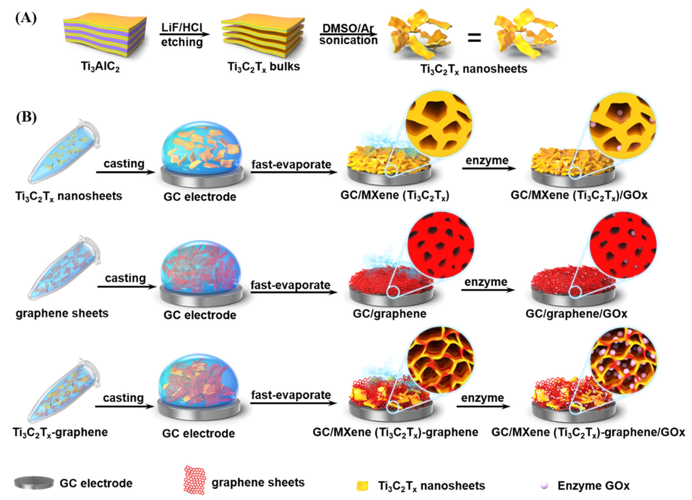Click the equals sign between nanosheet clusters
coord(474,39)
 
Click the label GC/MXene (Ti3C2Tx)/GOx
coord(579,195)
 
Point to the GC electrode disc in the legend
coord(34,483)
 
